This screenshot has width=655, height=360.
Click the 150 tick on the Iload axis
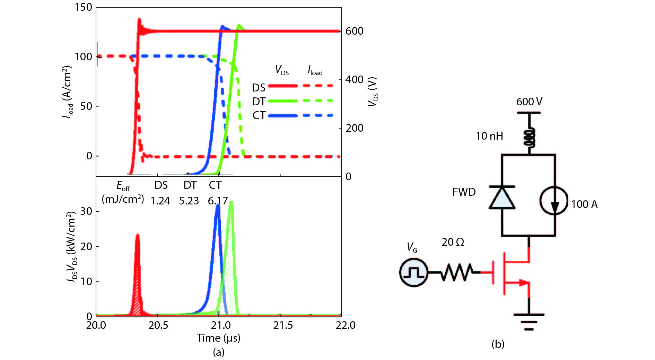(83, 7)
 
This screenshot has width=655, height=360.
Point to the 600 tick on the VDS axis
(354, 31)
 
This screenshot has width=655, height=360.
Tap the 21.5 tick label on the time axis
(283, 325)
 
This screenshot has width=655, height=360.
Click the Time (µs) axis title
(218, 338)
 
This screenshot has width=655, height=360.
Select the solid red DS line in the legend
(283, 86)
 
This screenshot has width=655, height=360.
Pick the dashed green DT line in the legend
(318, 101)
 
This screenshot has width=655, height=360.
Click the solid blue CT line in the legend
(283, 115)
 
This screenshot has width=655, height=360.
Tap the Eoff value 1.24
(160, 201)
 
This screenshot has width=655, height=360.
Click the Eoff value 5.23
(189, 201)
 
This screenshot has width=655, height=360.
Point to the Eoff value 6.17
(218, 201)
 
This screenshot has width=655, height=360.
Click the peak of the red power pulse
(137, 235)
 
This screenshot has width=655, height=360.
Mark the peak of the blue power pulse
(218, 205)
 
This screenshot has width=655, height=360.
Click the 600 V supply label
(529, 102)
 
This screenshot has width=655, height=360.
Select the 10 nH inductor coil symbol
(529, 137)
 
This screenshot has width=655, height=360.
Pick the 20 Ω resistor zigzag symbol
(456, 272)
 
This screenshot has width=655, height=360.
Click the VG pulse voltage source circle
(413, 272)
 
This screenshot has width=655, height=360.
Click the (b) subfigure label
(498, 344)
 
